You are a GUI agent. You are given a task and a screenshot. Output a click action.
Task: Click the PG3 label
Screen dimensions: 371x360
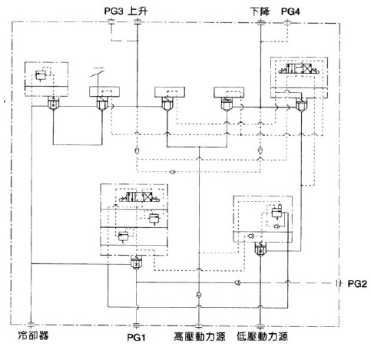pyautogui.click(x=114, y=12)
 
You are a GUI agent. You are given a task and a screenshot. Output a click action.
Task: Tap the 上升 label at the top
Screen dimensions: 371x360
pyautogui.click(x=137, y=12)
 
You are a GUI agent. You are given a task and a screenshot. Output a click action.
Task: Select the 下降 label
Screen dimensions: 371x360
pyautogui.click(x=260, y=12)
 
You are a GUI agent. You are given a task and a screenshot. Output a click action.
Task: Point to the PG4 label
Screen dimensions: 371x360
pyautogui.click(x=290, y=12)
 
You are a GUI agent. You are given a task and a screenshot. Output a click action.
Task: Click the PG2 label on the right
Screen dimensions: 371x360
pyautogui.click(x=357, y=284)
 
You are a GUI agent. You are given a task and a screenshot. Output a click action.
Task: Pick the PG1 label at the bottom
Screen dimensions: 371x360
pyautogui.click(x=136, y=337)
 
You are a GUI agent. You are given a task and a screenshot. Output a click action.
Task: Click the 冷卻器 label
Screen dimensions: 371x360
pyautogui.click(x=33, y=335)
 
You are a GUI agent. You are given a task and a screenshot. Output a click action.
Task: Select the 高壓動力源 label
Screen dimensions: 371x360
pyautogui.click(x=200, y=336)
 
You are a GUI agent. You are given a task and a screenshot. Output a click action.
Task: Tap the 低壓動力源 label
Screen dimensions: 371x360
pyautogui.click(x=262, y=336)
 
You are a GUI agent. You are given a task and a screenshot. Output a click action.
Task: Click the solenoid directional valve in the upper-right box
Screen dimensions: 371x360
pyautogui.click(x=299, y=68)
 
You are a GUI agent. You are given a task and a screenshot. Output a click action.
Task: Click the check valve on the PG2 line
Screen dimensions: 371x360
pyautogui.click(x=237, y=282)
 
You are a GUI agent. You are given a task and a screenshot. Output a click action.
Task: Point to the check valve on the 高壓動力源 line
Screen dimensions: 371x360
pyautogui.click(x=199, y=294)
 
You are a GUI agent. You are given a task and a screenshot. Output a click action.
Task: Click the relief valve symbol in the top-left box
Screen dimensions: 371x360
pyautogui.click(x=40, y=75)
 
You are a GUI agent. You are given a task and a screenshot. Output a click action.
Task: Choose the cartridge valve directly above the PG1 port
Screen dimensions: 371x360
pyautogui.click(x=136, y=263)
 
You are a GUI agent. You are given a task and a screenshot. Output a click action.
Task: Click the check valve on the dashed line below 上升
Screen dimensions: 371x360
pyautogui.click(x=137, y=150)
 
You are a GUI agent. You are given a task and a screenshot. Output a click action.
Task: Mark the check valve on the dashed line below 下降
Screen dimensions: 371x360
pyautogui.click(x=260, y=150)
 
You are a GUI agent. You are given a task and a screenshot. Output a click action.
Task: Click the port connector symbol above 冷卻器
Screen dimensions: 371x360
pyautogui.click(x=31, y=325)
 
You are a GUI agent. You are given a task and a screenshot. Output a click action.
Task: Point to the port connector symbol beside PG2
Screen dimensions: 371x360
pyautogui.click(x=340, y=283)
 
